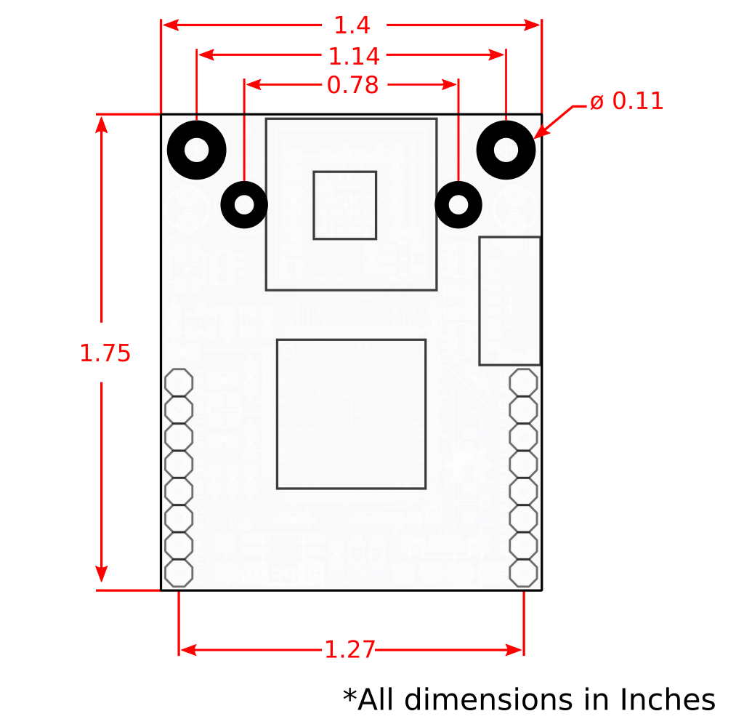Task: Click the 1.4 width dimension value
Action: pyautogui.click(x=352, y=26)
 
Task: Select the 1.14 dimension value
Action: pyautogui.click(x=354, y=57)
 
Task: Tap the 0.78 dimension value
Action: pyautogui.click(x=352, y=86)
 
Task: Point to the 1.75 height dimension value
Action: pyautogui.click(x=105, y=353)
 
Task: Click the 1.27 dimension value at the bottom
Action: pyautogui.click(x=349, y=649)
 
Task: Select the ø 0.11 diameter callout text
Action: pyautogui.click(x=626, y=102)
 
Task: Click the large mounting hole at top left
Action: pyautogui.click(x=197, y=150)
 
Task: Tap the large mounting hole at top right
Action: pyautogui.click(x=506, y=150)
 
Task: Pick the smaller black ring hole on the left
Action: pyautogui.click(x=244, y=205)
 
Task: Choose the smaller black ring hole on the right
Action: pyautogui.click(x=458, y=205)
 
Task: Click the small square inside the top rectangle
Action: pyautogui.click(x=344, y=205)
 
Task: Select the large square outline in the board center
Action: pyautogui.click(x=351, y=414)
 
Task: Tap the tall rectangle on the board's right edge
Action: pyautogui.click(x=509, y=301)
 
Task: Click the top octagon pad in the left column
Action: pyautogui.click(x=179, y=382)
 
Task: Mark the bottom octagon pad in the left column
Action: pyautogui.click(x=179, y=573)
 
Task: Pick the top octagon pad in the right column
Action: pyautogui.click(x=523, y=382)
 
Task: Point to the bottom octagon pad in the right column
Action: pyautogui.click(x=523, y=573)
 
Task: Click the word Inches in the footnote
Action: pyautogui.click(x=667, y=700)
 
